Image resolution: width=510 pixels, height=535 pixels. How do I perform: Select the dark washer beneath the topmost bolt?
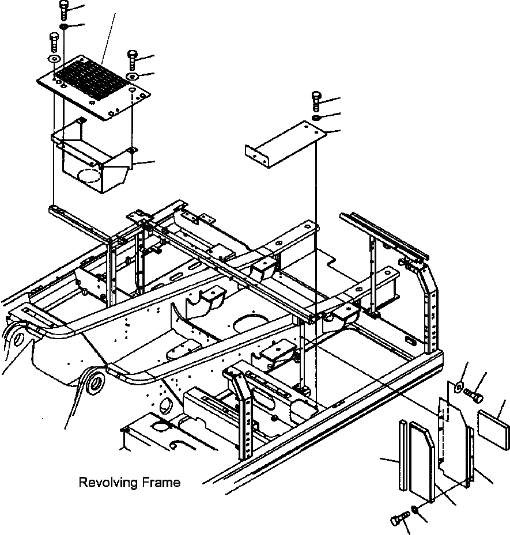[63, 27]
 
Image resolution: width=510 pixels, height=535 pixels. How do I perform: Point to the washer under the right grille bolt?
[132, 76]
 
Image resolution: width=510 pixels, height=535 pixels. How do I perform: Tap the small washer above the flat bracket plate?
[316, 117]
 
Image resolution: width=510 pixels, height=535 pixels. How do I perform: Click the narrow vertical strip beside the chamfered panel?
[402, 455]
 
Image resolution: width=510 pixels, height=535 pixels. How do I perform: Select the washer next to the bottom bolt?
[415, 510]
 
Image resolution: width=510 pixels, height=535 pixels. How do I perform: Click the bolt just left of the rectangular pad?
[473, 396]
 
